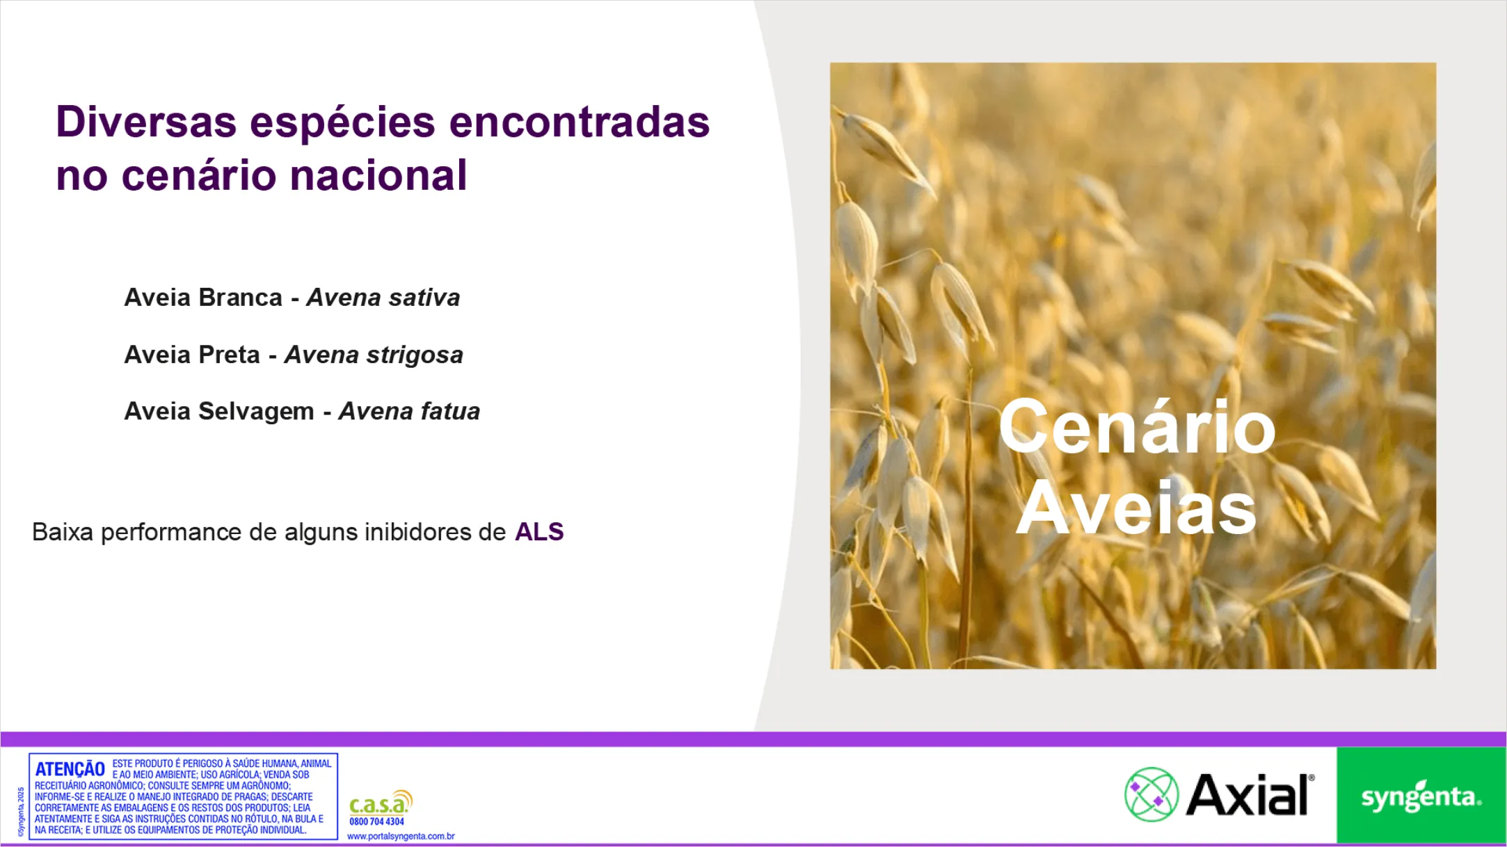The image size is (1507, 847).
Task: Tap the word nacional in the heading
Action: click(x=378, y=175)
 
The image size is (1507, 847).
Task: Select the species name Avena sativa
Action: click(x=383, y=298)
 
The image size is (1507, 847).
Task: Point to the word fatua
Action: click(x=449, y=412)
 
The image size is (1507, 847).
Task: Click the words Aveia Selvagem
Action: click(x=218, y=412)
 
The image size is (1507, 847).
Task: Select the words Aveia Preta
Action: click(x=191, y=355)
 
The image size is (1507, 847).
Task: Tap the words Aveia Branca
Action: click(x=202, y=298)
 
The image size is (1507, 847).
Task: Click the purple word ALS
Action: click(x=539, y=532)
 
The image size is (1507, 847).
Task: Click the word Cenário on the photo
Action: click(x=1137, y=427)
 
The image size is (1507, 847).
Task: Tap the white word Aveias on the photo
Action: click(x=1137, y=509)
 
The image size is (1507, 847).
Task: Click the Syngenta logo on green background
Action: click(x=1421, y=796)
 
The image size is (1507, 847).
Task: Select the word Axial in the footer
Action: click(x=1249, y=795)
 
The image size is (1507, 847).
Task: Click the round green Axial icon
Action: click(x=1151, y=795)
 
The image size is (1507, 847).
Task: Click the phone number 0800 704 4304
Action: click(x=376, y=822)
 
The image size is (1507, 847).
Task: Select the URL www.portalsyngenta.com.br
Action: click(x=401, y=837)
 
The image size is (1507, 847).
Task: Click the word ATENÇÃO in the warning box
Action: click(x=70, y=769)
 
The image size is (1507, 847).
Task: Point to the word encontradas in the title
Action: click(x=579, y=122)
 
